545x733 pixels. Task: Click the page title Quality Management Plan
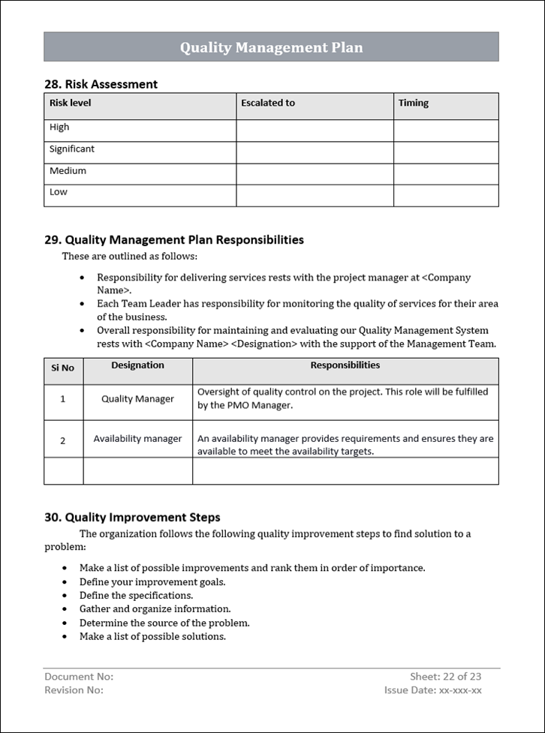click(x=271, y=47)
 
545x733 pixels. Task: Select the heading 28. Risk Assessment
click(x=101, y=84)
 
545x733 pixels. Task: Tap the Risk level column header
click(x=71, y=104)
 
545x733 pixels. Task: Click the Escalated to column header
click(x=268, y=104)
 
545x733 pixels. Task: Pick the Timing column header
click(x=414, y=104)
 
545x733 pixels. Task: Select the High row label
click(x=59, y=128)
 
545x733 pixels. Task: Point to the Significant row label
click(x=72, y=149)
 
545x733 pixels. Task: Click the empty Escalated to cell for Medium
click(x=315, y=174)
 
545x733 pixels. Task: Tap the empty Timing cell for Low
click(x=446, y=196)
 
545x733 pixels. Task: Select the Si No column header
click(x=63, y=368)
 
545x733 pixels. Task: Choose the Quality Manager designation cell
click(x=137, y=399)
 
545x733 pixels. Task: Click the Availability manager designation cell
click(x=137, y=439)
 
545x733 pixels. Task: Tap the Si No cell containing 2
click(x=63, y=440)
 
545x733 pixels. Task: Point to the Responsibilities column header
click(x=345, y=365)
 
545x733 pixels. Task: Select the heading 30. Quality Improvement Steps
click(x=132, y=517)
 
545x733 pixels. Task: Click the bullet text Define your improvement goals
click(x=152, y=581)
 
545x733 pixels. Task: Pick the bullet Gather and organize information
click(x=155, y=608)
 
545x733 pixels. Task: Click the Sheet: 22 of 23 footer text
click(x=445, y=676)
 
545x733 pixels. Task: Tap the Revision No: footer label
click(x=74, y=690)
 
